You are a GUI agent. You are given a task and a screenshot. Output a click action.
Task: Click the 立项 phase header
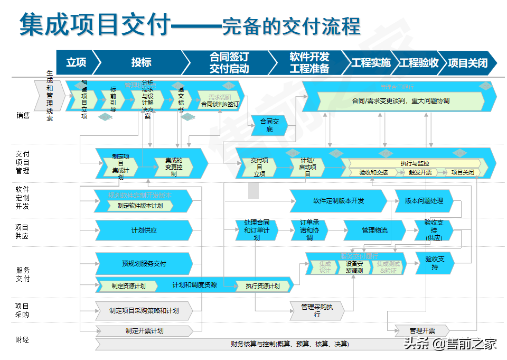coord(76,62)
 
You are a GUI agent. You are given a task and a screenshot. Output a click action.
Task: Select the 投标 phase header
coord(141,62)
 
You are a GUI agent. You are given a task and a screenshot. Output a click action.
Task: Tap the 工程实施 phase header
coord(371,62)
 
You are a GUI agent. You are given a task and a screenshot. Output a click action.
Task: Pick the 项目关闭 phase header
coord(467,62)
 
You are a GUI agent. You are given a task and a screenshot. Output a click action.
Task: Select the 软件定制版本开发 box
coord(339,201)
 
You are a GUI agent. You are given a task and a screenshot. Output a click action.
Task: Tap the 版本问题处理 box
coord(424,201)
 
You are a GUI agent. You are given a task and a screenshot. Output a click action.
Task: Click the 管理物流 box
coord(374,230)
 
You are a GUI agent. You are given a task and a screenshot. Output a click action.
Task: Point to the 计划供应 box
coord(144,230)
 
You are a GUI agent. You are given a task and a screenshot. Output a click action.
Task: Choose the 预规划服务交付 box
coord(144,263)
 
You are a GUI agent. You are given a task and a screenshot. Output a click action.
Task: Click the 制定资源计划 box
coord(128,285)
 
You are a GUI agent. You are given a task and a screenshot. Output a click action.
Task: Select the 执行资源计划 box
coord(262,286)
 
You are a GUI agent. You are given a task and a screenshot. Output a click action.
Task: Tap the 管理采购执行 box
coord(317,310)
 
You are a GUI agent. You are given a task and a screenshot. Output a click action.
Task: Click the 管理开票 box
coord(422,331)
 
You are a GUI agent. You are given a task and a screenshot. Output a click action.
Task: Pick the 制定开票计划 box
coord(144,331)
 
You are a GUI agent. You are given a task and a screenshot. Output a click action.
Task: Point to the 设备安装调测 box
coord(354,267)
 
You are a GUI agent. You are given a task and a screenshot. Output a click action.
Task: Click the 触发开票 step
coord(420,172)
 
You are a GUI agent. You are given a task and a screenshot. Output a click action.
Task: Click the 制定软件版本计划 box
coord(140,206)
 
